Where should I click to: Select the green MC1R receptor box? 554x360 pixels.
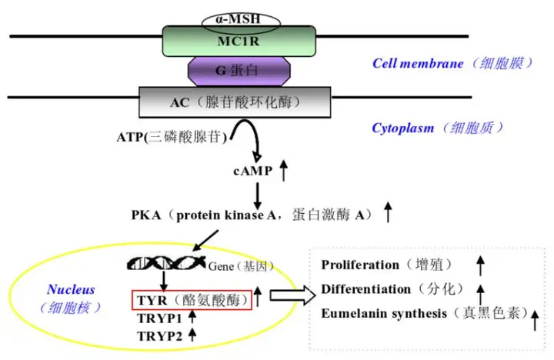click(239, 41)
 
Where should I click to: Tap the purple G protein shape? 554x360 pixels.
click(239, 71)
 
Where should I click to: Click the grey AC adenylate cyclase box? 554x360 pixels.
click(235, 102)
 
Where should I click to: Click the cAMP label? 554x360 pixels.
click(253, 171)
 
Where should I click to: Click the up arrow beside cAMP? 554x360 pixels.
click(283, 170)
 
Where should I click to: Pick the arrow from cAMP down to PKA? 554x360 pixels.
click(258, 196)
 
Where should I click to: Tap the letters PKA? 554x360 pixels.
click(146, 215)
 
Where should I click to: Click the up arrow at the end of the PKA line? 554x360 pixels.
click(388, 212)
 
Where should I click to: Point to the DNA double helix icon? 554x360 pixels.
click(166, 263)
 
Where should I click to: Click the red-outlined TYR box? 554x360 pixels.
click(192, 300)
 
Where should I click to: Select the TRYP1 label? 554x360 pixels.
click(160, 318)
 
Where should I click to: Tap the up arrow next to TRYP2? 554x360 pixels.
click(192, 334)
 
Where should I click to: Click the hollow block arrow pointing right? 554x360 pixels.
click(292, 295)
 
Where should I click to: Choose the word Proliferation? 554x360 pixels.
click(360, 265)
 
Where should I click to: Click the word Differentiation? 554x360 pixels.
click(366, 289)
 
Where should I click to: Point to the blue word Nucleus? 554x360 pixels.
click(71, 289)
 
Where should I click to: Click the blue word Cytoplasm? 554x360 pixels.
click(402, 128)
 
